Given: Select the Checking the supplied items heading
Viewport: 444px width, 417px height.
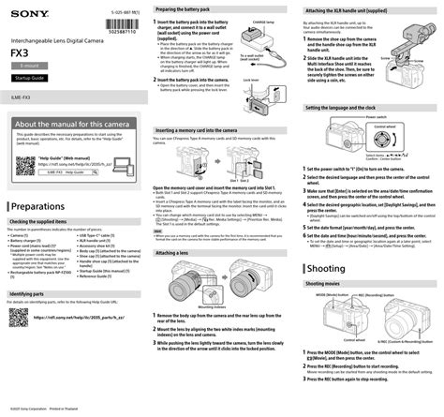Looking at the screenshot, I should point(50,222).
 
